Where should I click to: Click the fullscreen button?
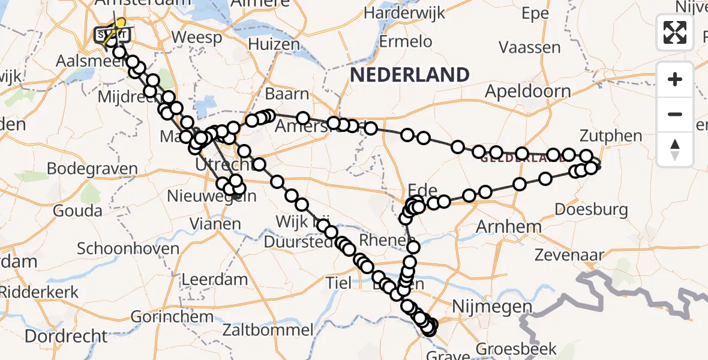pyautogui.click(x=675, y=32)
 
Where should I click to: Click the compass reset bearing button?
pyautogui.click(x=675, y=149)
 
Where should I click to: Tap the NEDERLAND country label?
pyautogui.click(x=410, y=75)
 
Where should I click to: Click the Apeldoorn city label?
pyautogui.click(x=528, y=92)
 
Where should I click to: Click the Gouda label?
pyautogui.click(x=77, y=211)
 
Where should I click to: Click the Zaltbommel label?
pyautogui.click(x=268, y=329)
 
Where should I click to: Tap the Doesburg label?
pyautogui.click(x=592, y=210)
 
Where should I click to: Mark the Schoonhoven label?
pyautogui.click(x=128, y=248)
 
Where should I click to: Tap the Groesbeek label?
pyautogui.click(x=517, y=349)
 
